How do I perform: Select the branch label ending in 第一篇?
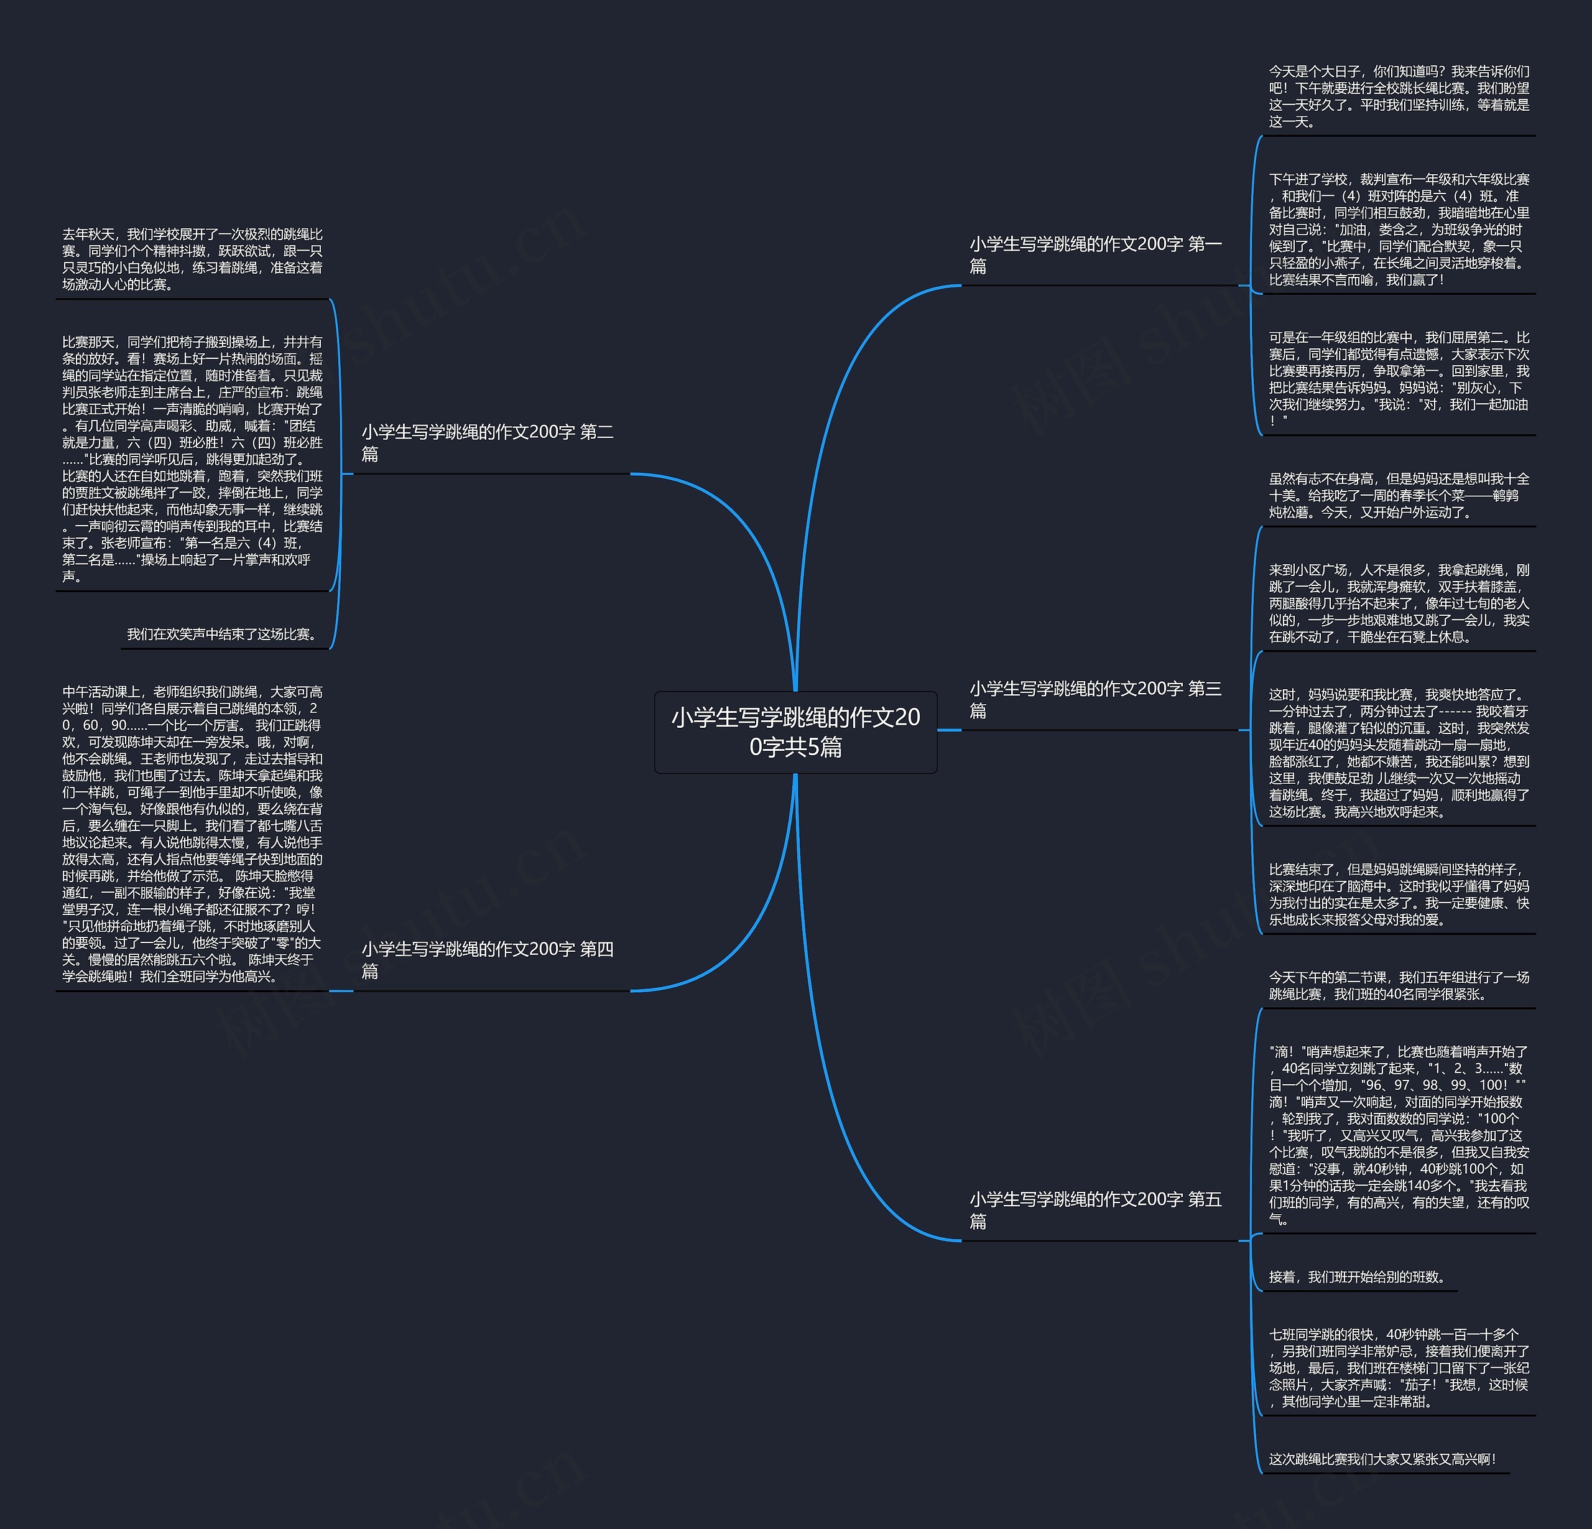[x=1095, y=255]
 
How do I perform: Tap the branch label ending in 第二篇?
[x=488, y=443]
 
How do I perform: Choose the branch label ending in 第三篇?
[x=1095, y=700]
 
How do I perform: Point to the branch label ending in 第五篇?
[x=1095, y=1210]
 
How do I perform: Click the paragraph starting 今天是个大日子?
[x=1399, y=96]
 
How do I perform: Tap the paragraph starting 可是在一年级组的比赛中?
[x=1399, y=379]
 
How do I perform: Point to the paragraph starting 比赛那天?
[x=193, y=459]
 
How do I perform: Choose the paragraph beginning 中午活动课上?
[x=193, y=834]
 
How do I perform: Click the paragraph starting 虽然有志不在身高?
[x=1399, y=496]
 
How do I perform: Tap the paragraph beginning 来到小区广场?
[x=1399, y=603]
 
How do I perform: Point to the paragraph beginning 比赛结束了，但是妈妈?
[x=1399, y=895]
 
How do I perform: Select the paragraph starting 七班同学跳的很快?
[x=1399, y=1368]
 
